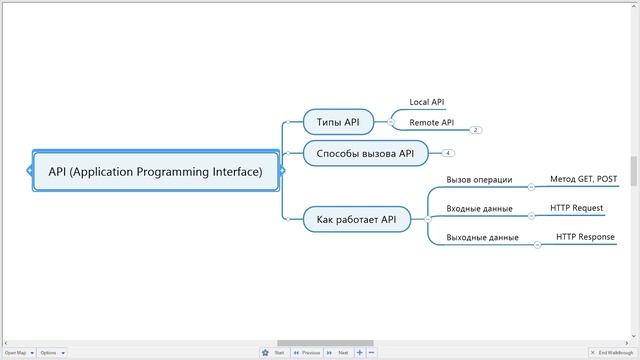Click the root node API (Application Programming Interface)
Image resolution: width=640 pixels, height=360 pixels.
coord(156,171)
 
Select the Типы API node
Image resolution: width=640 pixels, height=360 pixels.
coord(338,122)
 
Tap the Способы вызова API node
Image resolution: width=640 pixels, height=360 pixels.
coord(365,153)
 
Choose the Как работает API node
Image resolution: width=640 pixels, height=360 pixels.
coord(357,219)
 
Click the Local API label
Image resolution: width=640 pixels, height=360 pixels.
coord(427,102)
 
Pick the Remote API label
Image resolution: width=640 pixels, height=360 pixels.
coord(432,122)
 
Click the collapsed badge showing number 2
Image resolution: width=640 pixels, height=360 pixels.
coord(476,130)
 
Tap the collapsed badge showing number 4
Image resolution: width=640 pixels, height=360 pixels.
coord(448,153)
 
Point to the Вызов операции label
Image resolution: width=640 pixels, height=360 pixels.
coord(479,180)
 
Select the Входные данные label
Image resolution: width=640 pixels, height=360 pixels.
coord(479,209)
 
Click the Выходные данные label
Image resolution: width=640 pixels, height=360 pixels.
coord(482,238)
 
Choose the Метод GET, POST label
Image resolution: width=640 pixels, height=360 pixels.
coord(584,180)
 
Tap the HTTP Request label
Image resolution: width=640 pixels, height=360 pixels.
coord(576,208)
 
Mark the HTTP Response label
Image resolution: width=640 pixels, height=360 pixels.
coord(586,237)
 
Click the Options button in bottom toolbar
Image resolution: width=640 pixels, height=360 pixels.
coord(49,352)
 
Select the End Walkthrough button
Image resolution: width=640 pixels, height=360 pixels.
coord(614,352)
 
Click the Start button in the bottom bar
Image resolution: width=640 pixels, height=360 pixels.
coord(279,352)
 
